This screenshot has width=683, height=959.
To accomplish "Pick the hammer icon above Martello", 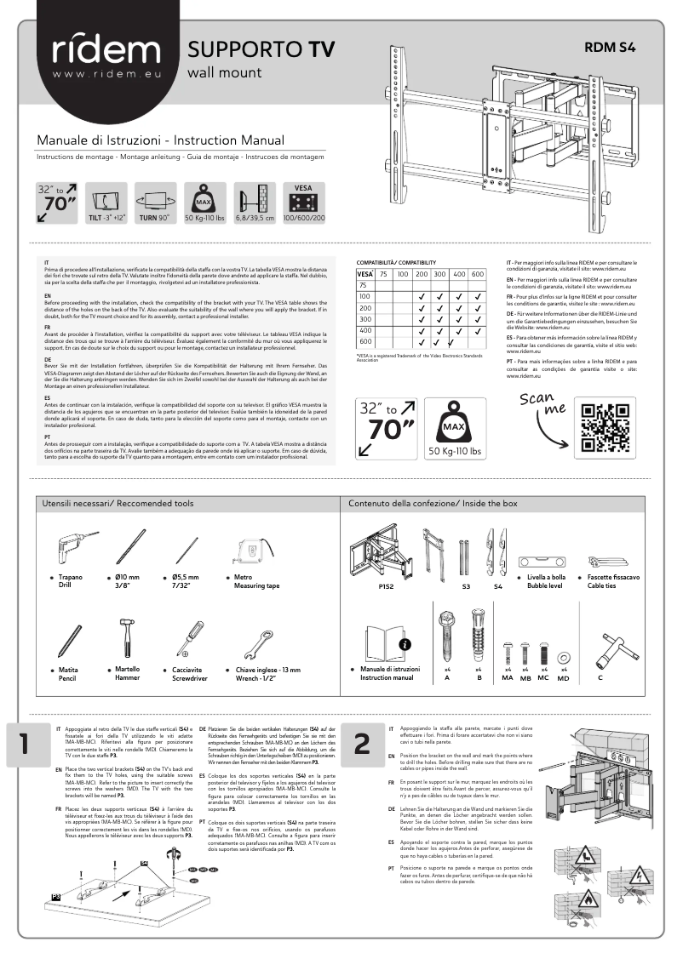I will [126, 635].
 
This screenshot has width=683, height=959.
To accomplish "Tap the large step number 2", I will [362, 743].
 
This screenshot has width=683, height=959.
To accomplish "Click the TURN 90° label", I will [154, 218].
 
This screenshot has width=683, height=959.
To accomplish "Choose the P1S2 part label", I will [386, 586].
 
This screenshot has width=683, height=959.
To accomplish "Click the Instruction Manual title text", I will [160, 140].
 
